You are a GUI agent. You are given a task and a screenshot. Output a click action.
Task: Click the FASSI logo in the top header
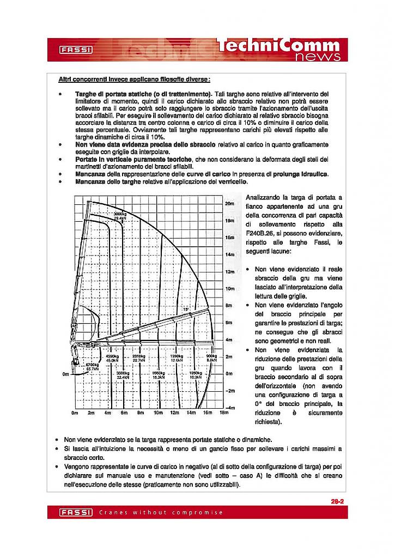point(76,50)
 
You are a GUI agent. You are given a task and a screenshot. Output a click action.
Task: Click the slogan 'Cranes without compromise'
point(161,513)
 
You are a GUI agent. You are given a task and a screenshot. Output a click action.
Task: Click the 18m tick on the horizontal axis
point(222,413)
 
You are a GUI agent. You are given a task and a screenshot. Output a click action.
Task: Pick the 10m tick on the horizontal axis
point(158,413)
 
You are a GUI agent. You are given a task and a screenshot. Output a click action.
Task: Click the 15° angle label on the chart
point(185,309)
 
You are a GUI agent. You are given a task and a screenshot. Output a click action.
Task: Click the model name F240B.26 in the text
point(261,232)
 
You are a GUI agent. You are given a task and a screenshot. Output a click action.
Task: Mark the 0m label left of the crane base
point(66,374)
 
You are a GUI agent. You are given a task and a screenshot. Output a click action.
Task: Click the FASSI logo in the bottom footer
point(76,513)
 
